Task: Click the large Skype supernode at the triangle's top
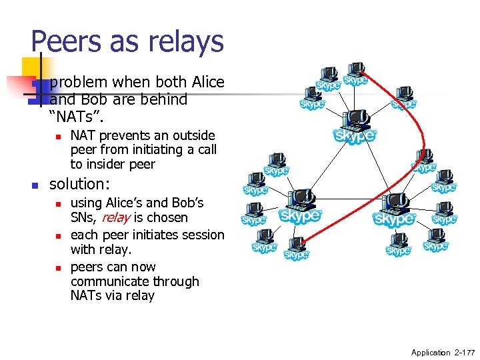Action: click(355, 127)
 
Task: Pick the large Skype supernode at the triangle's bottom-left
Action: click(300, 207)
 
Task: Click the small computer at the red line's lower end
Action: click(297, 246)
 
